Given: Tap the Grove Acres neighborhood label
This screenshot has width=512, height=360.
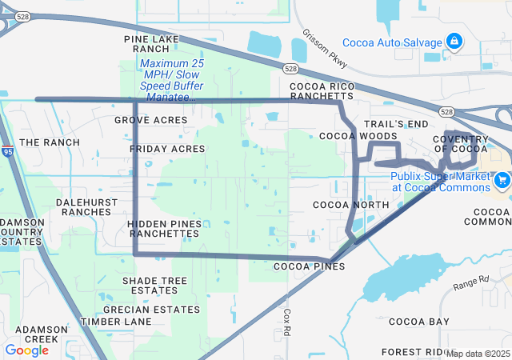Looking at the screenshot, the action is [150, 120].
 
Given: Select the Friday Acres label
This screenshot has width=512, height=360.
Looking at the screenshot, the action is [167, 149].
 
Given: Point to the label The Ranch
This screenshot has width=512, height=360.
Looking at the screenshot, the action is [50, 142].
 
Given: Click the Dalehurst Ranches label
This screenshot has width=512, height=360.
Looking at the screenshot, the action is [83, 207].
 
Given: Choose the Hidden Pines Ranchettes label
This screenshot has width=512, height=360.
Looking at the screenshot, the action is [163, 228].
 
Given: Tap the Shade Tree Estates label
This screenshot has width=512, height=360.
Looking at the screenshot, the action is [154, 286].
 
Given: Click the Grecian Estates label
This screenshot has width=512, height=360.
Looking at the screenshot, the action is [162, 309].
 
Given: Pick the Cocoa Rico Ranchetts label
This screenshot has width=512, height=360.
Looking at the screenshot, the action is [321, 90].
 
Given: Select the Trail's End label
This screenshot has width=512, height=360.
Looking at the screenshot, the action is [396, 124].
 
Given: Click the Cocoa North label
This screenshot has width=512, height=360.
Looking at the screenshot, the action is [350, 205].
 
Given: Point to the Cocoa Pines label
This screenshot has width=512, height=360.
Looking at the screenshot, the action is [309, 266].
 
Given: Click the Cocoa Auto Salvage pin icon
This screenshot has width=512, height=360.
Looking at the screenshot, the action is [454, 40].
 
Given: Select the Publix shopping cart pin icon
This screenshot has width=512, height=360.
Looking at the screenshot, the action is [502, 178].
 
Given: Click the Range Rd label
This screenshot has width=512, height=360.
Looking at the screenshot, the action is [471, 283].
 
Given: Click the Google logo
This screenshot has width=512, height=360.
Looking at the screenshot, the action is [26, 350].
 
